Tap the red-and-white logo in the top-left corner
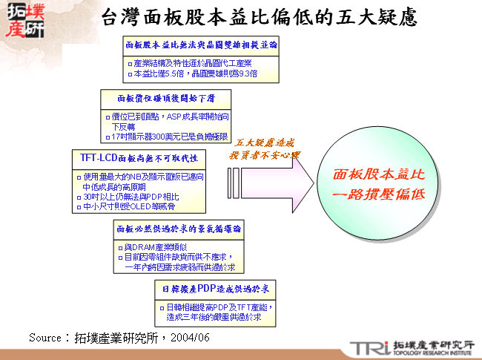click(24, 19)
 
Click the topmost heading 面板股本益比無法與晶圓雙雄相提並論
click(201, 45)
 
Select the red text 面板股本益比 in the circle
click(378, 174)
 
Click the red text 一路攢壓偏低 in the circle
click(378, 194)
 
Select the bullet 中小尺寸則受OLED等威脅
click(133, 206)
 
